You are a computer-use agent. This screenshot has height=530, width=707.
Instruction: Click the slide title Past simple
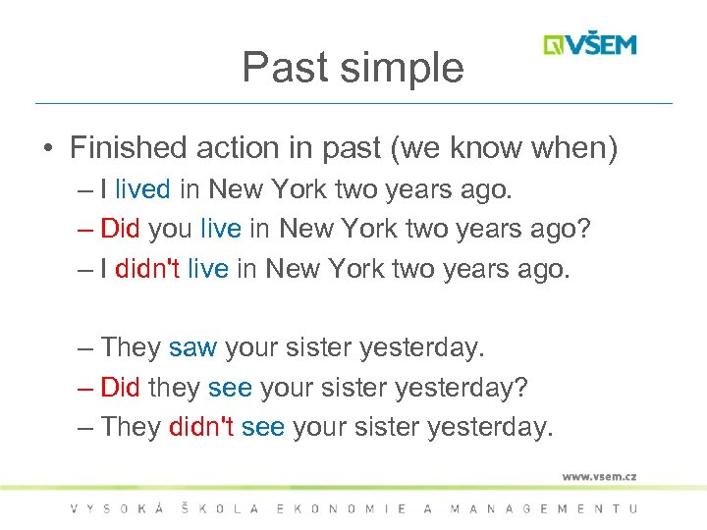coord(353,68)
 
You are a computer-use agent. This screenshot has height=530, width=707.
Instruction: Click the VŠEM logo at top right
coord(590,45)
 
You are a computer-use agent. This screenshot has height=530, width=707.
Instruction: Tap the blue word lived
coord(143,188)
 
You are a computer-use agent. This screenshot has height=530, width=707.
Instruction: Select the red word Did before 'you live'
coord(121,229)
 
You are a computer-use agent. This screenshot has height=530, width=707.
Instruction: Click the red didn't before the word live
coord(147,269)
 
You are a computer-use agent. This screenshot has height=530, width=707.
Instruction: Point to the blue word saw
coord(192,347)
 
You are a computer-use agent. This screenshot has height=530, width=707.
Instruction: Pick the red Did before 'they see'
coord(121,388)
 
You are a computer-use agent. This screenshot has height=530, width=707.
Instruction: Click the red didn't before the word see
coord(201,427)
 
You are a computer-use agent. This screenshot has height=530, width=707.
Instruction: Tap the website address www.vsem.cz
coord(599,476)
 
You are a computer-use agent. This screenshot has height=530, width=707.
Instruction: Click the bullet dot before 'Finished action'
coord(47,149)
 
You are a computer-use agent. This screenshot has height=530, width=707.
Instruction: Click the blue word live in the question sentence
coord(220,229)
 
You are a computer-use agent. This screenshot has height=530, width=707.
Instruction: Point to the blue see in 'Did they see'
coord(230,388)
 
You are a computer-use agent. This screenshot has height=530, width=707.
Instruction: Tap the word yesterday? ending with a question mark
coord(461,388)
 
